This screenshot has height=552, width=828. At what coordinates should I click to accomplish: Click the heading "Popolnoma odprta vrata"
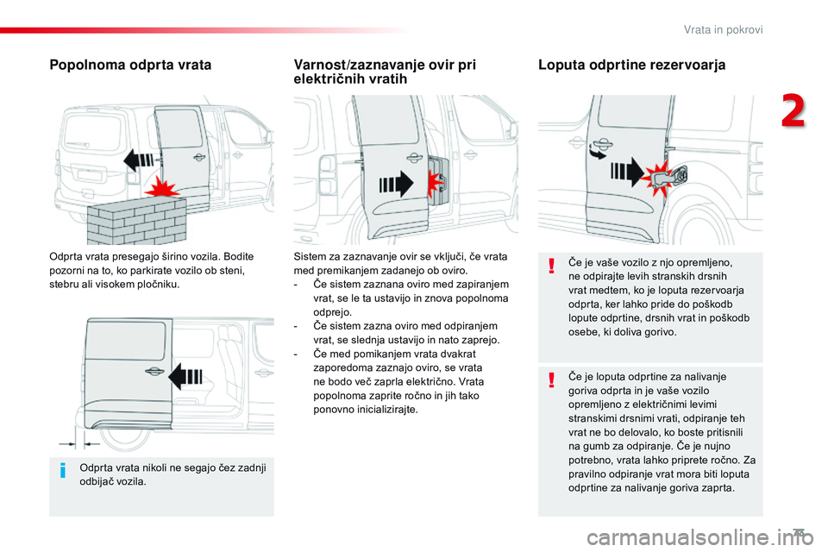pyautogui.click(x=130, y=65)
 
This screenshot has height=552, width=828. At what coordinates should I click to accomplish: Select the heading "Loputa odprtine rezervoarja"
pyautogui.click(x=631, y=65)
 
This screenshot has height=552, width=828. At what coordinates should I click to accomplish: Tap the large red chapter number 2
pyautogui.click(x=793, y=111)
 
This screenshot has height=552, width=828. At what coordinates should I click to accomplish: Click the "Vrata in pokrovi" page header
pyautogui.click(x=723, y=29)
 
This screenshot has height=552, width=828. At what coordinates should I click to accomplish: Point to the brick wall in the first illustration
pyautogui.click(x=137, y=219)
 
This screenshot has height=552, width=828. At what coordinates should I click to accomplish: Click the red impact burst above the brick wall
pyautogui.click(x=160, y=187)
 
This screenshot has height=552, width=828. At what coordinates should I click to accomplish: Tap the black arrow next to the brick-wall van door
pyautogui.click(x=138, y=160)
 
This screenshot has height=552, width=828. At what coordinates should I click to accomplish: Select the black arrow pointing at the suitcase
pyautogui.click(x=396, y=185)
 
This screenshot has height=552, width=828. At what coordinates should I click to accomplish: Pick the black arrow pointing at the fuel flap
pyautogui.click(x=627, y=172)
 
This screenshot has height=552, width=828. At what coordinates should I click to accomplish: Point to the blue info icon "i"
pyautogui.click(x=63, y=469)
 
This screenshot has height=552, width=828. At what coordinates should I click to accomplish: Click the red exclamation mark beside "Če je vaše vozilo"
pyautogui.click(x=551, y=265)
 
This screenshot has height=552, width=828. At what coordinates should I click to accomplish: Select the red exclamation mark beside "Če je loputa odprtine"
pyautogui.click(x=551, y=379)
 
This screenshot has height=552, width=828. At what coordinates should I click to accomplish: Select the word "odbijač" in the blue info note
pyautogui.click(x=96, y=482)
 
